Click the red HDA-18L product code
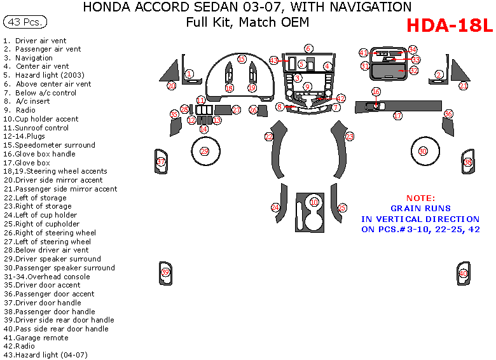[x=448, y=26]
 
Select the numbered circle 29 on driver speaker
[x=204, y=151]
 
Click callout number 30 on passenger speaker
[x=424, y=151]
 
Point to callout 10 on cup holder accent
[x=314, y=202]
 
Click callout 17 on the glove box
[x=397, y=116]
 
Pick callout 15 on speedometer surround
[x=242, y=59]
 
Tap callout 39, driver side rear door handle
[x=165, y=272]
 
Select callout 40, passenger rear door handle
[x=463, y=273]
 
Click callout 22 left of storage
[x=269, y=137]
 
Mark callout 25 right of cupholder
[x=342, y=207]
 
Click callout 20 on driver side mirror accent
[x=171, y=85]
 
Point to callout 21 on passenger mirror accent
[x=464, y=86]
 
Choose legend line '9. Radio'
[x=19, y=110]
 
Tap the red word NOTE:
[x=421, y=198]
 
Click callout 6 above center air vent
[x=308, y=48]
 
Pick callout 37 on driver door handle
[x=161, y=162]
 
